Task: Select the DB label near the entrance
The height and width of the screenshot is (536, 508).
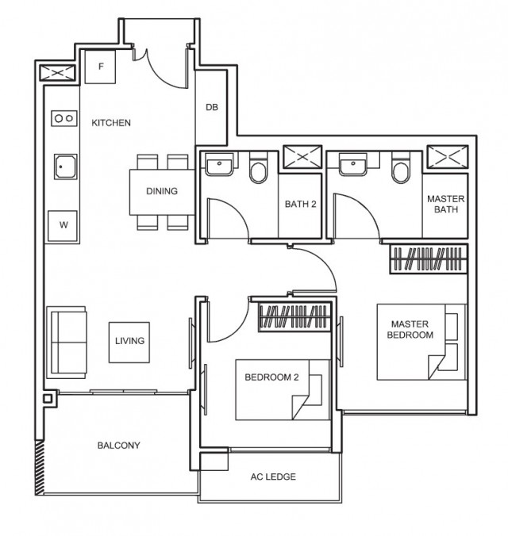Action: click(211, 108)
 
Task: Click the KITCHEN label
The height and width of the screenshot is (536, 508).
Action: click(111, 123)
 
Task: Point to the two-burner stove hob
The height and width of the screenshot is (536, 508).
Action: click(63, 118)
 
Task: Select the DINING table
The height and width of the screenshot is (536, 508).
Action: click(162, 191)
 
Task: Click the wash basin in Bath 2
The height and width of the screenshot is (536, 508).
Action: click(217, 166)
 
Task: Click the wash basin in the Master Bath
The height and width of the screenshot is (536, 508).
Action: click(351, 166)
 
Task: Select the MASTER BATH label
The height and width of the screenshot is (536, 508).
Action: click(445, 204)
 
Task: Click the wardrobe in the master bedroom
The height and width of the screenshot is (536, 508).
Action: click(427, 258)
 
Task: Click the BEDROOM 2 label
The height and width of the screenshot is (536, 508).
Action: click(271, 377)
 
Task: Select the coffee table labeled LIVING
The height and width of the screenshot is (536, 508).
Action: click(129, 341)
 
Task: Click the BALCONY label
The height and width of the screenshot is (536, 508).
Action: click(118, 446)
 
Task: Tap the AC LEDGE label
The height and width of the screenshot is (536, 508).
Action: click(272, 477)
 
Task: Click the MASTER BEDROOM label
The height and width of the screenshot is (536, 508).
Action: click(410, 329)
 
